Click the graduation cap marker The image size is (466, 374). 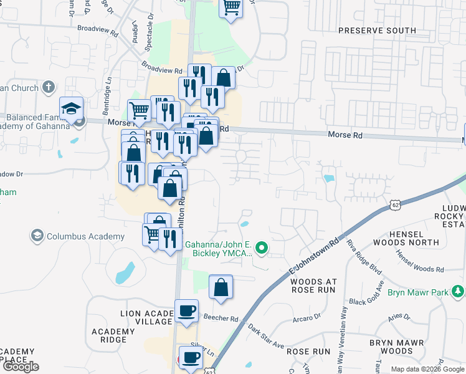point(71,109)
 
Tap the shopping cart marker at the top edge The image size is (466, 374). point(231,7)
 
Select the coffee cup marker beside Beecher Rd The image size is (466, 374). point(186,311)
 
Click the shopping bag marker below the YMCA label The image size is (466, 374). point(221,287)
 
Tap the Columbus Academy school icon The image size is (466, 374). point(37,236)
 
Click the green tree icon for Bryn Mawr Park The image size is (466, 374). point(459,291)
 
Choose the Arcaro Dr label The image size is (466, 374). point(306,323)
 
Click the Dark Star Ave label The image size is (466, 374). point(265,337)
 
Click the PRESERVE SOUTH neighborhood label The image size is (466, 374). point(376,31)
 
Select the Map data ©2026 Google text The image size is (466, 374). point(428,369)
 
